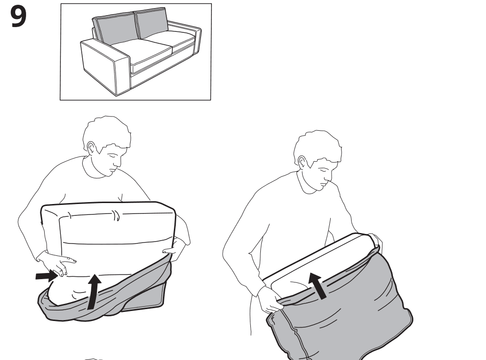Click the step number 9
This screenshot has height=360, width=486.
tap(18, 17)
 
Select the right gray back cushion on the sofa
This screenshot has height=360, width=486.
tap(152, 23)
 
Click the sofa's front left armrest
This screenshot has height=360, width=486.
tap(105, 67)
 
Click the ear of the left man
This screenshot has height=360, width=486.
tap(91, 149)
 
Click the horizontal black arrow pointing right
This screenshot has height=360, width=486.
tap(47, 276)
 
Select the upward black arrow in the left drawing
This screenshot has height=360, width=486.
tap(93, 292)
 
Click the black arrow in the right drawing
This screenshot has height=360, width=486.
tap(318, 285)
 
